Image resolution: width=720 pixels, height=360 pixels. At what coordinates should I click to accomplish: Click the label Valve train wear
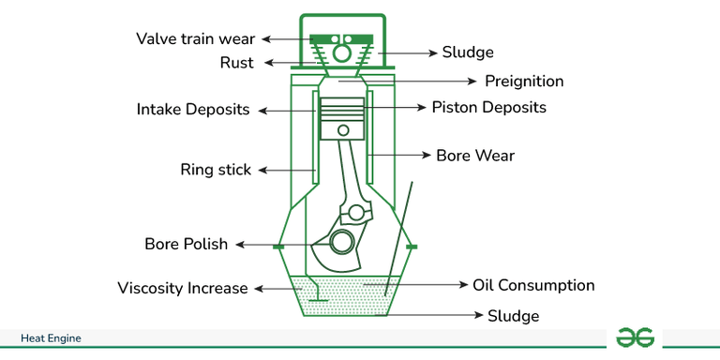click(x=195, y=38)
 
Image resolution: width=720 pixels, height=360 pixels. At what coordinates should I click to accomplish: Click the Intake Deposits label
click(x=193, y=110)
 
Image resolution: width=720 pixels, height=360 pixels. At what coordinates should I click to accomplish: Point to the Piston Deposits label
click(x=488, y=108)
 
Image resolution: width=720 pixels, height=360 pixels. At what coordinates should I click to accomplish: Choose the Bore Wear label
click(x=475, y=155)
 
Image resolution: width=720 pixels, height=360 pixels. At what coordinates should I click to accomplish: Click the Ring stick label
click(x=216, y=170)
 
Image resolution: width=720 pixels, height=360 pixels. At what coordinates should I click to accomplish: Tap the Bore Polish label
click(x=186, y=244)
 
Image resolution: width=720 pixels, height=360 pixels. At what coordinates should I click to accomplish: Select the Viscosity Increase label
click(x=183, y=288)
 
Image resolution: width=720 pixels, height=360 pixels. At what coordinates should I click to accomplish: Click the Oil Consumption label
click(x=532, y=285)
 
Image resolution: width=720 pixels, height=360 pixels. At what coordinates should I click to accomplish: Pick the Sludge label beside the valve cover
click(x=468, y=52)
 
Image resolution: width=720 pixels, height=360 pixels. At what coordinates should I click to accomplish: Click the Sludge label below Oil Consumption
click(x=513, y=316)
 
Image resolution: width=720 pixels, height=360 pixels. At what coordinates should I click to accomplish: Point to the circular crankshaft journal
click(x=342, y=242)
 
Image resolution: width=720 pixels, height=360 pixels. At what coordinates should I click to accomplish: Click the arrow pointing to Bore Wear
click(x=400, y=155)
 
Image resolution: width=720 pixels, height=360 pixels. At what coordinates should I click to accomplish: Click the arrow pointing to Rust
click(x=277, y=63)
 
